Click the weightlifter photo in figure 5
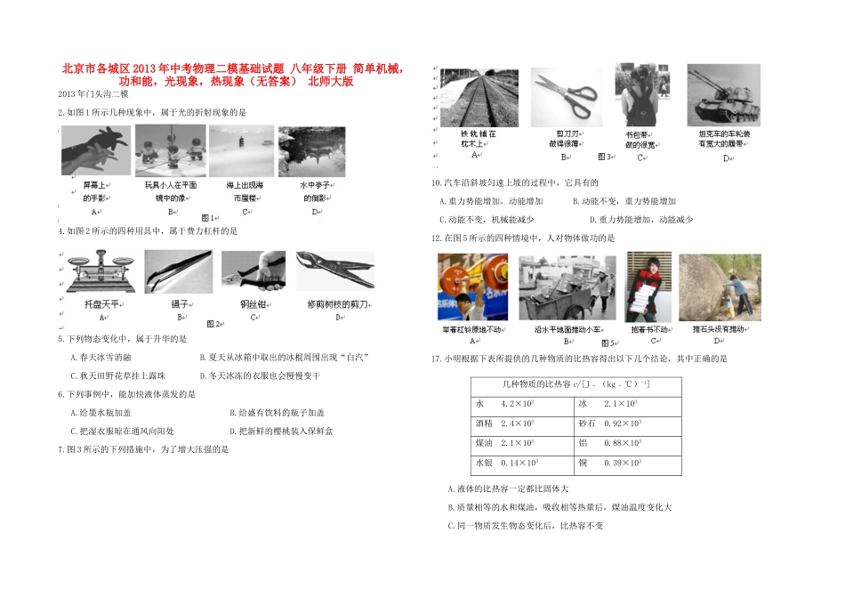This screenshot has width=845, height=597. click(471, 286)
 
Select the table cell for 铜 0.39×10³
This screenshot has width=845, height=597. click(626, 463)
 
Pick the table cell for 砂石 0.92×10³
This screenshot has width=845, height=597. click(626, 424)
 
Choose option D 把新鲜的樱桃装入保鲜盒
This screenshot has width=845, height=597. click(280, 431)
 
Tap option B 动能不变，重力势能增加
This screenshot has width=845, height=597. click(624, 201)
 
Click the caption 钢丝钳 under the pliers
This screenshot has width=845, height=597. click(253, 304)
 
